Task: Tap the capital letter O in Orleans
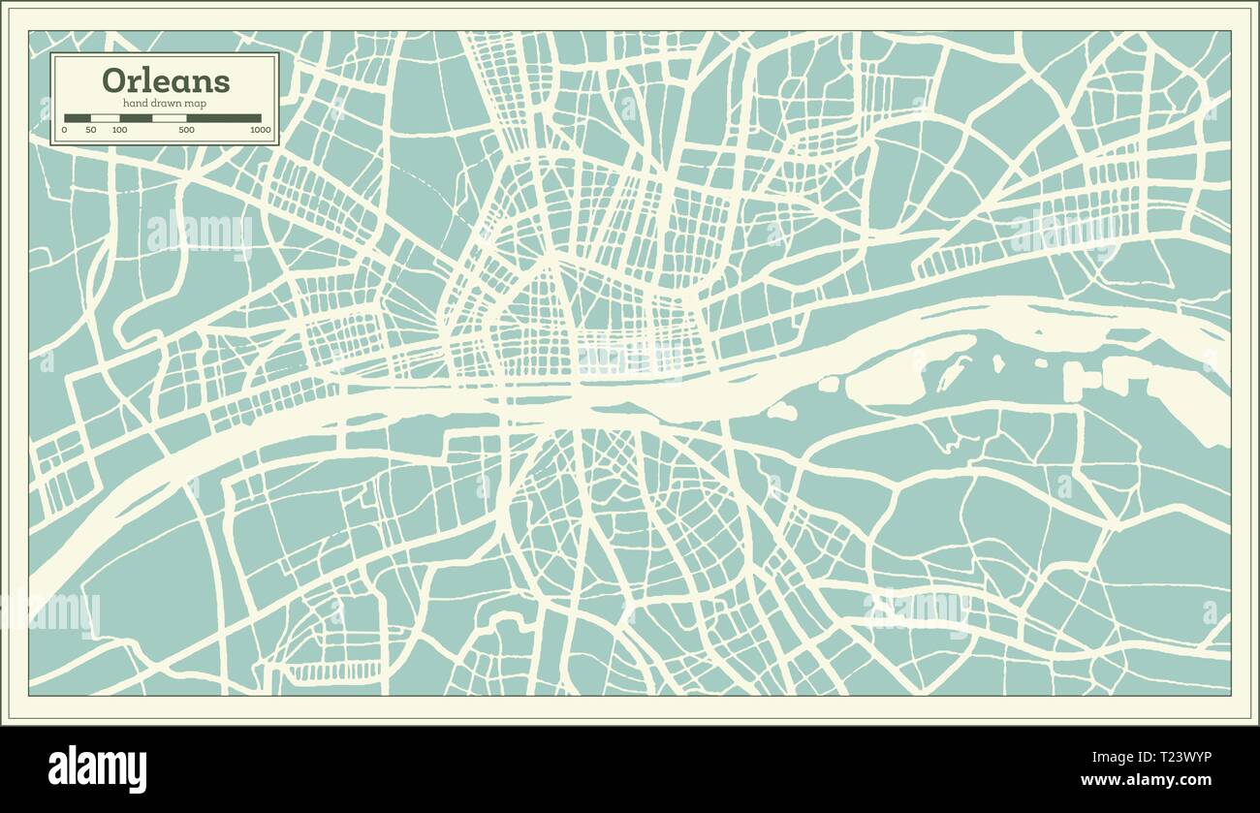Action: pos(112,80)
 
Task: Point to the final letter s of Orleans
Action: pos(222,81)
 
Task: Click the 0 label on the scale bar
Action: pos(65,130)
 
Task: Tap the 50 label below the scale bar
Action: pos(91,130)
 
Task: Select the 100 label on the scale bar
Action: pos(119,130)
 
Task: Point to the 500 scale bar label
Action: pos(186,130)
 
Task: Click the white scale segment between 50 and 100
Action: pos(105,118)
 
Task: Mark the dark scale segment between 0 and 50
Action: pos(78,118)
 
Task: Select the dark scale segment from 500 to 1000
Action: pos(224,118)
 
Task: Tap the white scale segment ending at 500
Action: pos(170,118)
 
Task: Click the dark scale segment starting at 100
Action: pos(136,118)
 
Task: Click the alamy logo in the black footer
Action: pos(97,770)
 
